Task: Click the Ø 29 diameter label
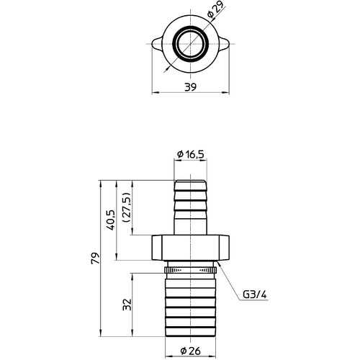coord(215,9)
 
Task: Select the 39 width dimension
coord(190,87)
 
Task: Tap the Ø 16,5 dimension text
coord(191,154)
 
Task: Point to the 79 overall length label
coord(95,258)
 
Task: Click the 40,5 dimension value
coord(112,220)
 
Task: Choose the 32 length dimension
coord(127,305)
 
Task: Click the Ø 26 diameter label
coord(191,351)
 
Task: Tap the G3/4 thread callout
coord(255,294)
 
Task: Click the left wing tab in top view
coord(157,44)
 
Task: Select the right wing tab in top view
coord(223,44)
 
